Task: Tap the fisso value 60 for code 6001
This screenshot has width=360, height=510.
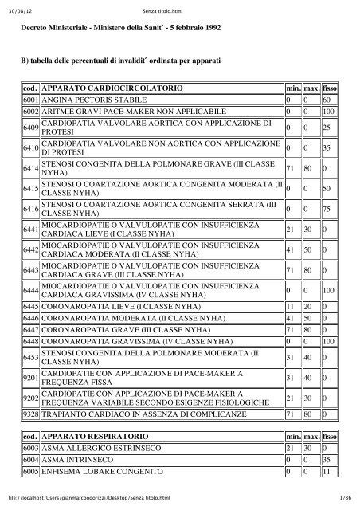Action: click(x=327, y=100)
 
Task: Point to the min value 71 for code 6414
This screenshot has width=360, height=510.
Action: click(x=292, y=168)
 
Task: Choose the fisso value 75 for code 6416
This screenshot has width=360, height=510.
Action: click(x=327, y=210)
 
